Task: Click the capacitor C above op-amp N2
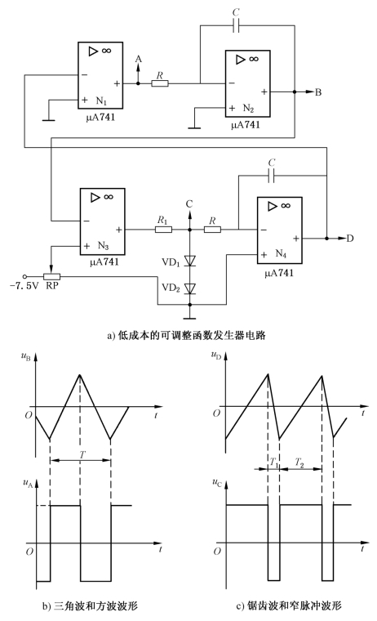(x=236, y=26)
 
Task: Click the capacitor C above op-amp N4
(x=271, y=176)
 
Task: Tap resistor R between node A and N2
(x=160, y=83)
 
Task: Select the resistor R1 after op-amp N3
(x=163, y=230)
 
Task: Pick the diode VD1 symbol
(x=190, y=260)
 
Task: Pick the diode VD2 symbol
(x=190, y=288)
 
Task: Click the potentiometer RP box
(x=51, y=276)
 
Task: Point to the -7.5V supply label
(x=24, y=285)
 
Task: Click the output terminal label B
(x=318, y=92)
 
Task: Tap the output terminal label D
(x=350, y=239)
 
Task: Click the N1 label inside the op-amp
(x=101, y=101)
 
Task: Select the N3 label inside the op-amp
(x=104, y=246)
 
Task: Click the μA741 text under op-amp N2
(x=246, y=125)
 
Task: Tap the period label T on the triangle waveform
(x=82, y=454)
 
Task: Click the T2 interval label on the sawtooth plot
(x=299, y=462)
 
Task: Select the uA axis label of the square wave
(x=28, y=483)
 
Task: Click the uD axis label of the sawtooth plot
(x=216, y=355)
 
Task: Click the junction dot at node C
(x=190, y=230)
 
